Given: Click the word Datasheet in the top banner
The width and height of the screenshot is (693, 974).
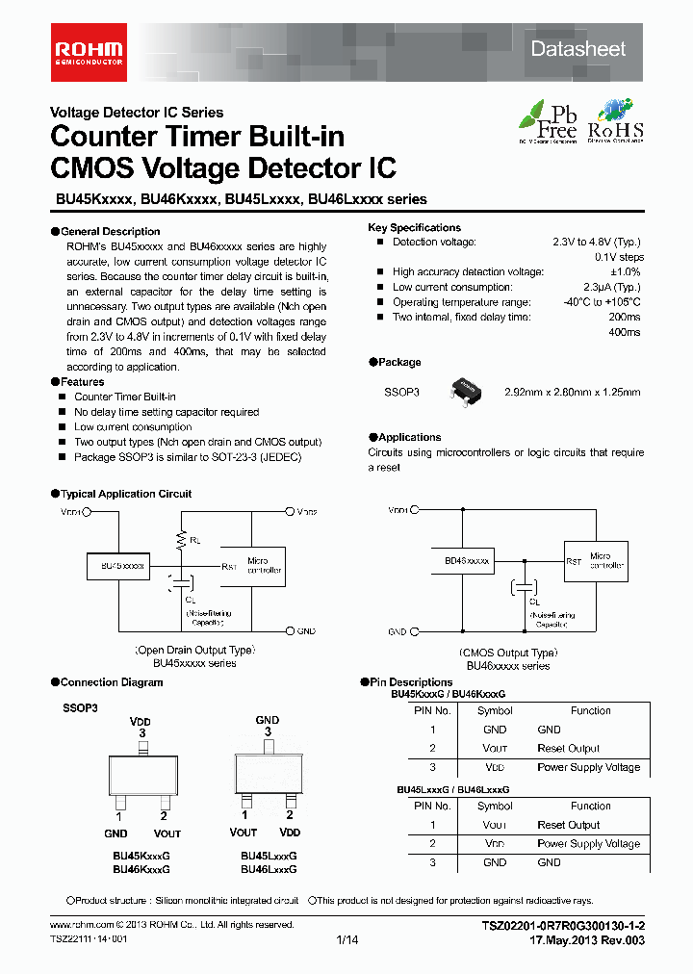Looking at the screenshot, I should pos(578,49).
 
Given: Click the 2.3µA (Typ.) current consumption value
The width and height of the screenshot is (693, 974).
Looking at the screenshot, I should pos(611,288).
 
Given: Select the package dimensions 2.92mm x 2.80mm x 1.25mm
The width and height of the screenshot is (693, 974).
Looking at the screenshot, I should pos(572,393).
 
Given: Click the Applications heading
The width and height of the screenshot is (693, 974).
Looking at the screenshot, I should pos(410,437).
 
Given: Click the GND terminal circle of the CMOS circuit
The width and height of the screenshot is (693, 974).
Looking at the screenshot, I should pos(416,631).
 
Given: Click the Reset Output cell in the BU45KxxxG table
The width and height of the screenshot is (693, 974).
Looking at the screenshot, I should pos(568,749).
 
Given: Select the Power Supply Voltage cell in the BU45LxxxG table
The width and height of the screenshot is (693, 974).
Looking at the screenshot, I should pos(588,844).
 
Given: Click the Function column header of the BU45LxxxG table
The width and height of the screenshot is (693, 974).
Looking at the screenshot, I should pos(590,807).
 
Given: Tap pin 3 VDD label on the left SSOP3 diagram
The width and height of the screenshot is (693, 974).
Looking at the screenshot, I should pos(141,727).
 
